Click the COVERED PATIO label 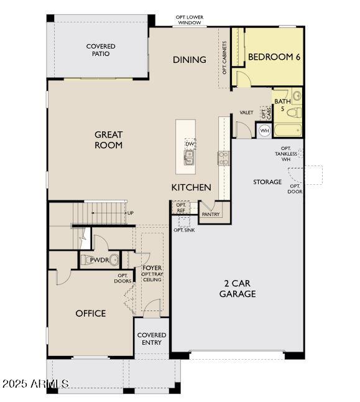101,50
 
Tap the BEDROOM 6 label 274,57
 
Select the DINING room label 190,60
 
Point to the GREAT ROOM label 108,140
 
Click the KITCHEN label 191,187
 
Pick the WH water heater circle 264,131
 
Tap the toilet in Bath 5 294,113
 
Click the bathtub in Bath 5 287,130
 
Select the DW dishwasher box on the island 190,144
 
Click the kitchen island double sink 189,157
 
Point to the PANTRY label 211,214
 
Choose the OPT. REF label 181,208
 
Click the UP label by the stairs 131,213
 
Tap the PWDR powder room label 99,260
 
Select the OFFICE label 90,313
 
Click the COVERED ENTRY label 152,339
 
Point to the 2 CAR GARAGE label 238,288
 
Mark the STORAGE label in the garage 267,182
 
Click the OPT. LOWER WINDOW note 190,20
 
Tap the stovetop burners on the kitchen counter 224,158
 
